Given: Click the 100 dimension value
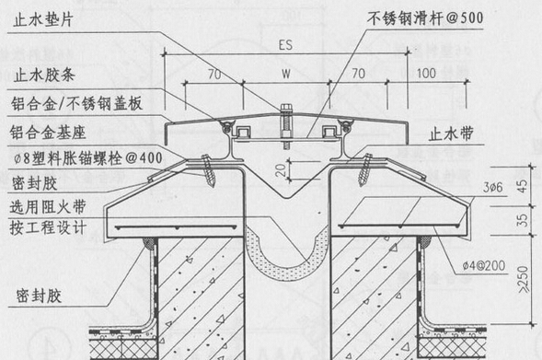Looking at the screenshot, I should pos(426,71).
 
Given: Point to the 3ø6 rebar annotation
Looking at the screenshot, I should pos(491,188).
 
